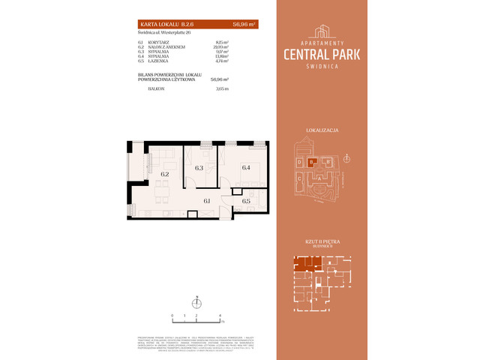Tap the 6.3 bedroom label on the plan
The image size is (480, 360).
coord(199,168)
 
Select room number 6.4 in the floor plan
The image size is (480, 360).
coord(246,168)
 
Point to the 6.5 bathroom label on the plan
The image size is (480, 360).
coord(246,201)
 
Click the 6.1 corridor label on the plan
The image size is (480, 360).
coord(207,201)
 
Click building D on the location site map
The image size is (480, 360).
coord(299,161)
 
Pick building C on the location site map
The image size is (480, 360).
coord(299,178)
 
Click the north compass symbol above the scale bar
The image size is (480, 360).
coord(196,303)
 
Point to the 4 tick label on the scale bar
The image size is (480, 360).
coord(220,316)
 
